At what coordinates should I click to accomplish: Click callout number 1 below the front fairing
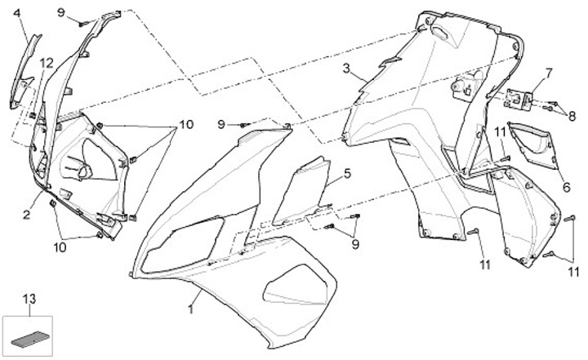(192, 309)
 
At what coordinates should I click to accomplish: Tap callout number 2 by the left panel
(26, 215)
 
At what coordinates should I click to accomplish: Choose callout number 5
(346, 173)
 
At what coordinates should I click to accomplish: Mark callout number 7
(548, 72)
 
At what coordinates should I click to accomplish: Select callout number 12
(46, 63)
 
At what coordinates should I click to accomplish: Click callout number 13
(29, 300)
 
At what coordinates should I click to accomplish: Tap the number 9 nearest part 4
(60, 11)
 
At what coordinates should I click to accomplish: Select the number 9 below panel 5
(355, 243)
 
